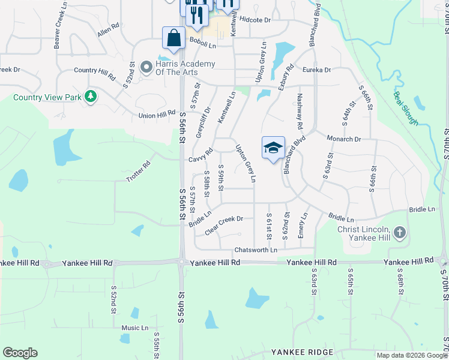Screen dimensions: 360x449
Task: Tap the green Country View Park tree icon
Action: [90, 97]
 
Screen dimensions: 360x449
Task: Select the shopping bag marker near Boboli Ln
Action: [173, 38]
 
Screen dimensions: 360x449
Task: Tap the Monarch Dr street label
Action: [343, 139]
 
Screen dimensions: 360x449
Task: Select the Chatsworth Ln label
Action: [256, 250]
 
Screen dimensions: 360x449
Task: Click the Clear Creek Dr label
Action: [224, 225]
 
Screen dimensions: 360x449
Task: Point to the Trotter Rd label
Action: [138, 172]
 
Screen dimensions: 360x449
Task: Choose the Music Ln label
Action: [135, 328]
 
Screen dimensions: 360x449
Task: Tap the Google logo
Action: [20, 353]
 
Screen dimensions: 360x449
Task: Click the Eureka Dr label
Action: [316, 70]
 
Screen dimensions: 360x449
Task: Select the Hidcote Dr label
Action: [255, 20]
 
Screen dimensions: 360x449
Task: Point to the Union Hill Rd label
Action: [157, 115]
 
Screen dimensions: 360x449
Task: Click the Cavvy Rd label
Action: [200, 155]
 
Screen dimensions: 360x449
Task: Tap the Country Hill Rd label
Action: [94, 74]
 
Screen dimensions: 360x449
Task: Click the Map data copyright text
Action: [412, 355]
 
